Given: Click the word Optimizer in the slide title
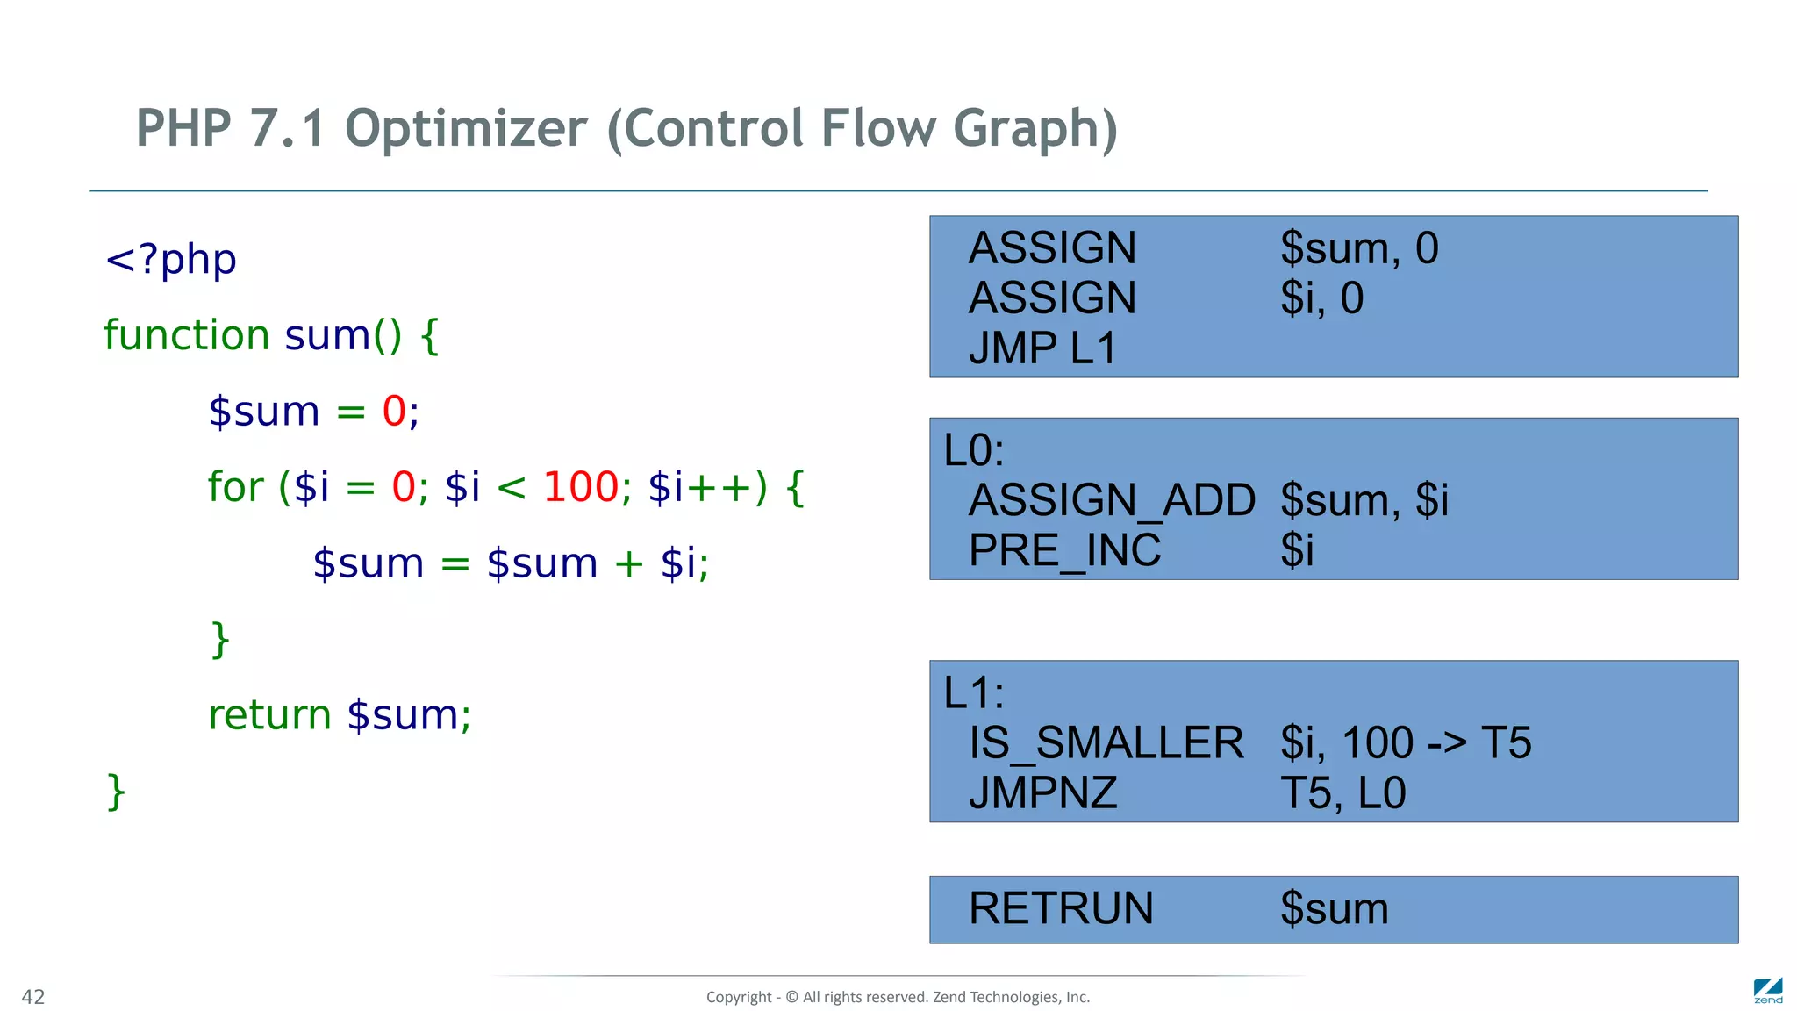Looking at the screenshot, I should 465,129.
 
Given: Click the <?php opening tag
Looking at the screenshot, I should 170,260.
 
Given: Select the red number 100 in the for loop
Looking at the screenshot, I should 581,487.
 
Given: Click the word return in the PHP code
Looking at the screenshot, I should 269,715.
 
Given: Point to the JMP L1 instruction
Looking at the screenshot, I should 1042,348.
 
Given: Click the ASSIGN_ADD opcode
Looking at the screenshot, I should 1112,500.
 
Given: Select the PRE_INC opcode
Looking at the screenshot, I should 1064,551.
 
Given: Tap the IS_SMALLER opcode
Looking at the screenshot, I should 1106,743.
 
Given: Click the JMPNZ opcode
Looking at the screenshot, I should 1042,793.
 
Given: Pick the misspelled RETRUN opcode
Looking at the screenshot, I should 1061,908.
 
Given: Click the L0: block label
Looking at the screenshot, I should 973,451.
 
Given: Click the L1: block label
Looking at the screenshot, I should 973,693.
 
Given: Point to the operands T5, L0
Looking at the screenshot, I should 1342,793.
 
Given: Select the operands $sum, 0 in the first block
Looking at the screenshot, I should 1359,248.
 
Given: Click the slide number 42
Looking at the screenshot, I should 33,997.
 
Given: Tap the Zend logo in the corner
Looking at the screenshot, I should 1767,991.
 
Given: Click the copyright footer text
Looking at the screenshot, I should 898,997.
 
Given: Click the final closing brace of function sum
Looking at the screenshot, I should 116,792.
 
